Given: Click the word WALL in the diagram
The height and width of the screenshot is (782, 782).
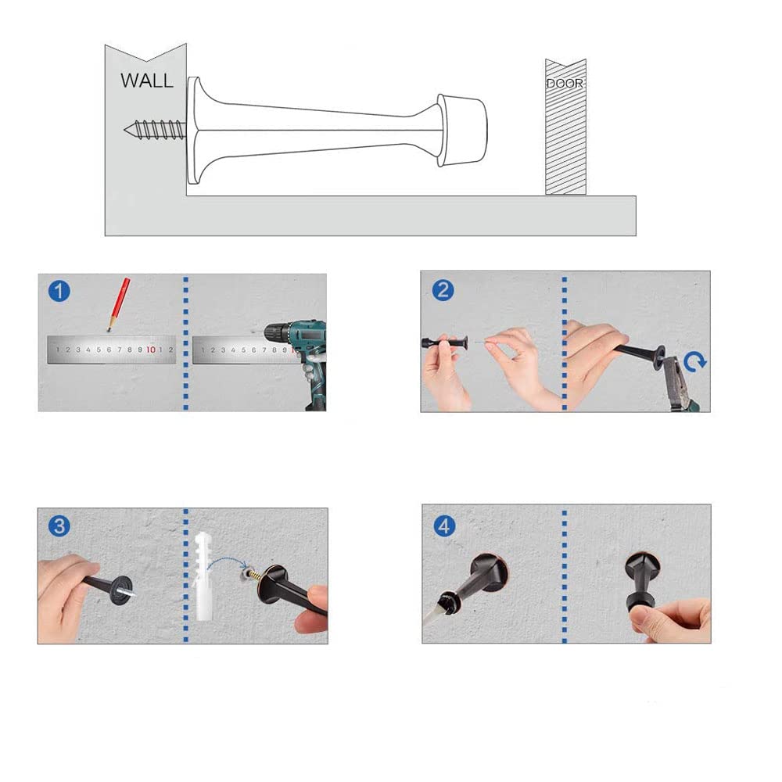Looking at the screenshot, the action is pyautogui.click(x=147, y=81).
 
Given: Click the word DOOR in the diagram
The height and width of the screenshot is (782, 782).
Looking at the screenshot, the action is pyautogui.click(x=565, y=84).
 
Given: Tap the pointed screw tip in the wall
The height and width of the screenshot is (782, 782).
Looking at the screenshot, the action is pyautogui.click(x=125, y=131).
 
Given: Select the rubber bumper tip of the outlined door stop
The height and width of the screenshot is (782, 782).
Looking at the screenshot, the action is pyautogui.click(x=461, y=130).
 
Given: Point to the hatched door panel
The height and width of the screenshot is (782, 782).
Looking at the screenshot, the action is pyautogui.click(x=565, y=127).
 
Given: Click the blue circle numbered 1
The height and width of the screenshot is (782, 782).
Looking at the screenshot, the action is pyautogui.click(x=59, y=291).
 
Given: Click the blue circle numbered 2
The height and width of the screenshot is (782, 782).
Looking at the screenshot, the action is pyautogui.click(x=443, y=290).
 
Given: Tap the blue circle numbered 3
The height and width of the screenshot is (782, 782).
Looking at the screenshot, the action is pyautogui.click(x=59, y=526).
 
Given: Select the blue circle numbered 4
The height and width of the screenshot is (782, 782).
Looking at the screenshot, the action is pyautogui.click(x=444, y=526).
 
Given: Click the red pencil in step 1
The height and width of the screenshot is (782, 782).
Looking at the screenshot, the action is pyautogui.click(x=119, y=303).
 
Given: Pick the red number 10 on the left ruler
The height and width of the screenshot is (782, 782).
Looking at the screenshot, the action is pyautogui.click(x=151, y=350).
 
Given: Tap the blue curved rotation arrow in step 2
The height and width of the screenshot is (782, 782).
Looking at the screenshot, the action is pyautogui.click(x=695, y=361).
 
